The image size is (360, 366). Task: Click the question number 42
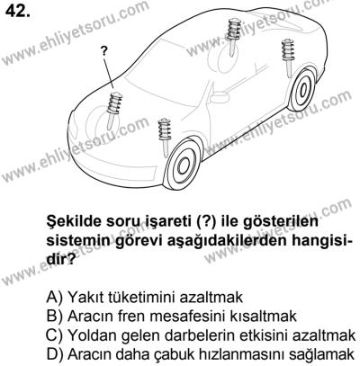pos(18,13)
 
